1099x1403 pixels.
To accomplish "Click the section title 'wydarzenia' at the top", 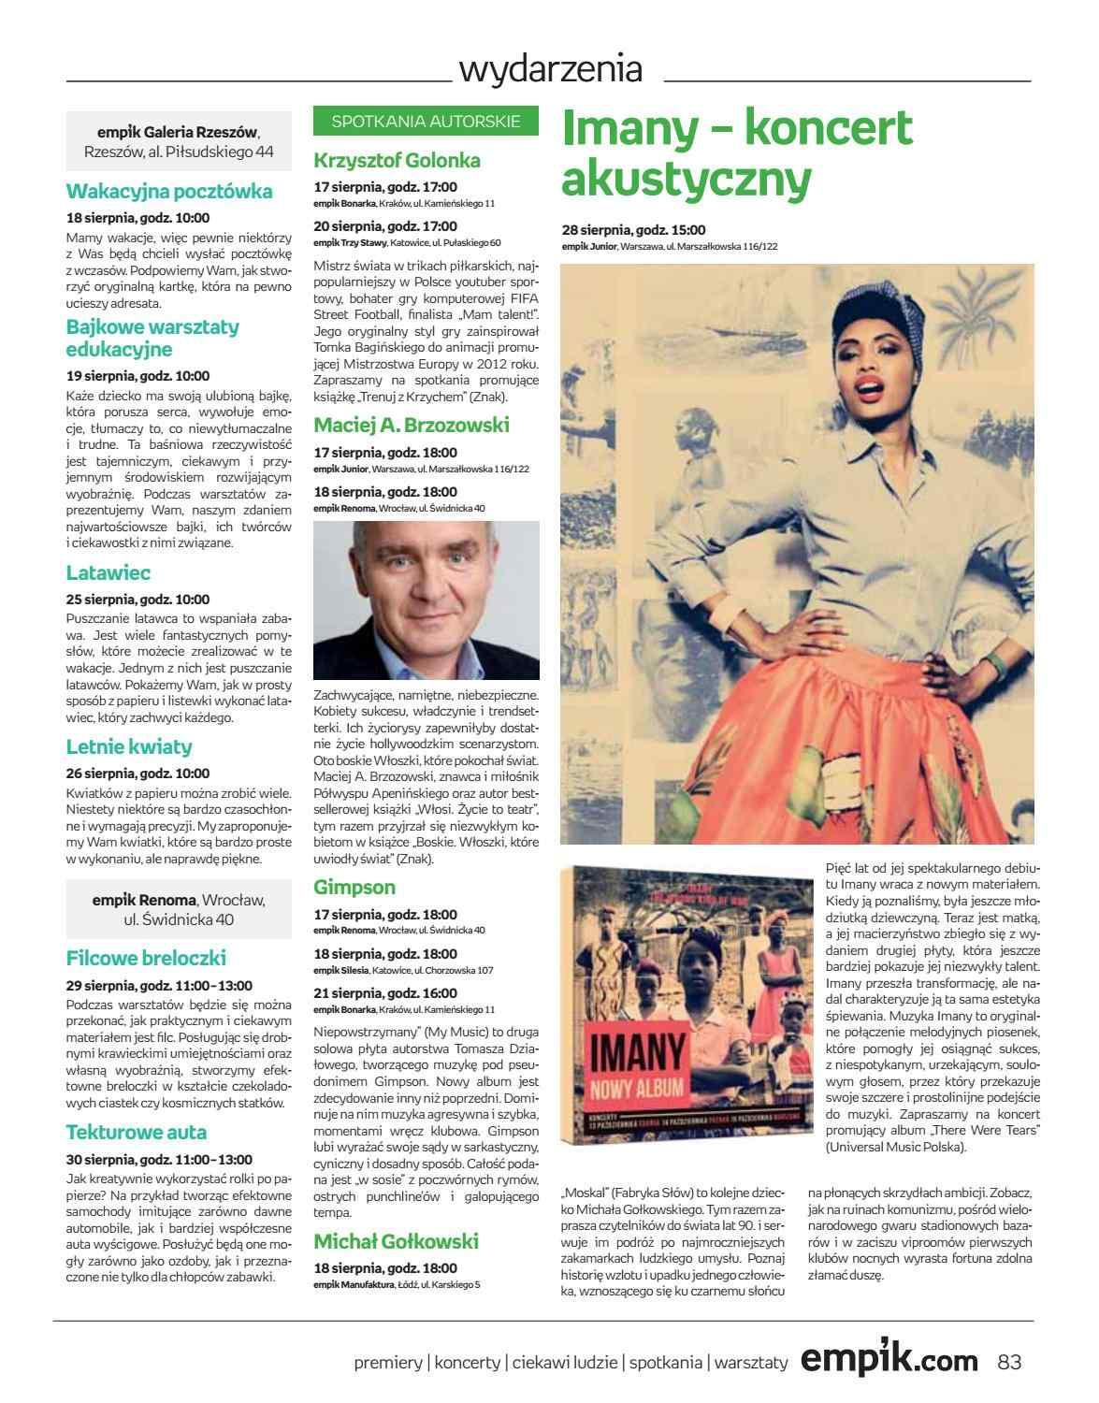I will pyautogui.click(x=551, y=69).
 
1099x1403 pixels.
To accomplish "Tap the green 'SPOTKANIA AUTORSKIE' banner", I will pyautogui.click(x=426, y=121).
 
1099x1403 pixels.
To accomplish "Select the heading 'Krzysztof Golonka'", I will pyautogui.click(x=397, y=160).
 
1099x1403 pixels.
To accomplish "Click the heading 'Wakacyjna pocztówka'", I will pyautogui.click(x=169, y=192).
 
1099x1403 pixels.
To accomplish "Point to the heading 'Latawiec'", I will pyautogui.click(x=108, y=572).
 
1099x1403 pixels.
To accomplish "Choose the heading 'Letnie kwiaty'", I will pyautogui.click(x=129, y=746).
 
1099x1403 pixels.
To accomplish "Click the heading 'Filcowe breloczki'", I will pyautogui.click(x=146, y=958).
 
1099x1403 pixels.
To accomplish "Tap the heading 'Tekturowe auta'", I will pyautogui.click(x=137, y=1132).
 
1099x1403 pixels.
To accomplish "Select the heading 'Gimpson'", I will pyautogui.click(x=354, y=887).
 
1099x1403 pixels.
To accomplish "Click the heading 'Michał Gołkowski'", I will pyautogui.click(x=396, y=1241).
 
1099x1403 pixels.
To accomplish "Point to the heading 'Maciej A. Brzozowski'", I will pyautogui.click(x=412, y=426).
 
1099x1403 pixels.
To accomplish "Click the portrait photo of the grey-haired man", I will pyautogui.click(x=427, y=600).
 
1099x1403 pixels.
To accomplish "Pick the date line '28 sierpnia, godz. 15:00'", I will pyautogui.click(x=633, y=230).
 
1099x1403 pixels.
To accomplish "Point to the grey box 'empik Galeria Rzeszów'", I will pyautogui.click(x=180, y=141).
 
